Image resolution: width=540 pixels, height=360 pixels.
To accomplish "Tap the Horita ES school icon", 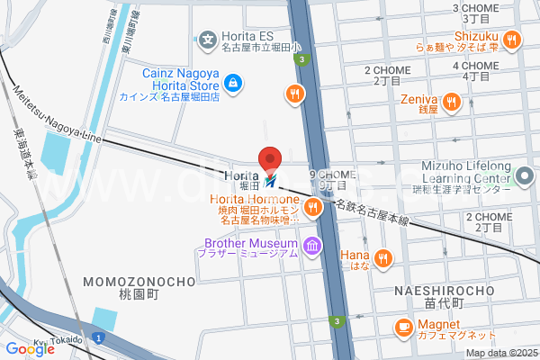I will [208, 40].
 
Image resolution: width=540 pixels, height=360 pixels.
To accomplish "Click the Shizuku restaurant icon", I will [511, 40].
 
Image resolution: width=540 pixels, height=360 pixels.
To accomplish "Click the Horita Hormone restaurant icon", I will [312, 208].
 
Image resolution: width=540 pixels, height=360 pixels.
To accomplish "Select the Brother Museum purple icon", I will [312, 245].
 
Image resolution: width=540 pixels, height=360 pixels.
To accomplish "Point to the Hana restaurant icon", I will [383, 259].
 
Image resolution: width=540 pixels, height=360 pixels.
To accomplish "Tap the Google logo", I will [30, 349].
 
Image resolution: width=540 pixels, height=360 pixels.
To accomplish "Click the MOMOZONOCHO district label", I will [139, 282].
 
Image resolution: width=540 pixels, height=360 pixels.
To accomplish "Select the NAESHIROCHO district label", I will [445, 290].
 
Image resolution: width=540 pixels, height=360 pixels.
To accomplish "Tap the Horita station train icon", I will [273, 176].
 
